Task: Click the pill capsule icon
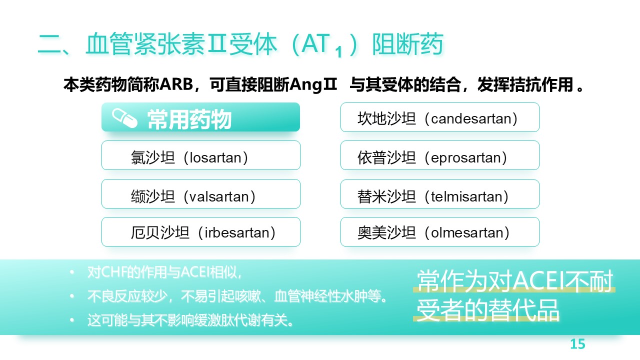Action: [x=124, y=118]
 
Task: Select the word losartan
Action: [x=215, y=157]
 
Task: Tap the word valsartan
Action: [x=219, y=196]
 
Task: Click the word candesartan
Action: [x=471, y=119]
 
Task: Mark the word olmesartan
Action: [x=467, y=232]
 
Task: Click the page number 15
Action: [x=577, y=344]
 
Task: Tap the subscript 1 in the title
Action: [x=339, y=52]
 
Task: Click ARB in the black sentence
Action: [x=176, y=84]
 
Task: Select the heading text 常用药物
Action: [x=189, y=119]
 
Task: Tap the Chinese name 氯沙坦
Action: [x=152, y=157]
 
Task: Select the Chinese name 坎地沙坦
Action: [x=386, y=119]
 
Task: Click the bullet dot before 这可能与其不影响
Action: [x=72, y=320]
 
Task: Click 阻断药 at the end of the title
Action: [x=407, y=44]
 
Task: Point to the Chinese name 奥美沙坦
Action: [x=386, y=232]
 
